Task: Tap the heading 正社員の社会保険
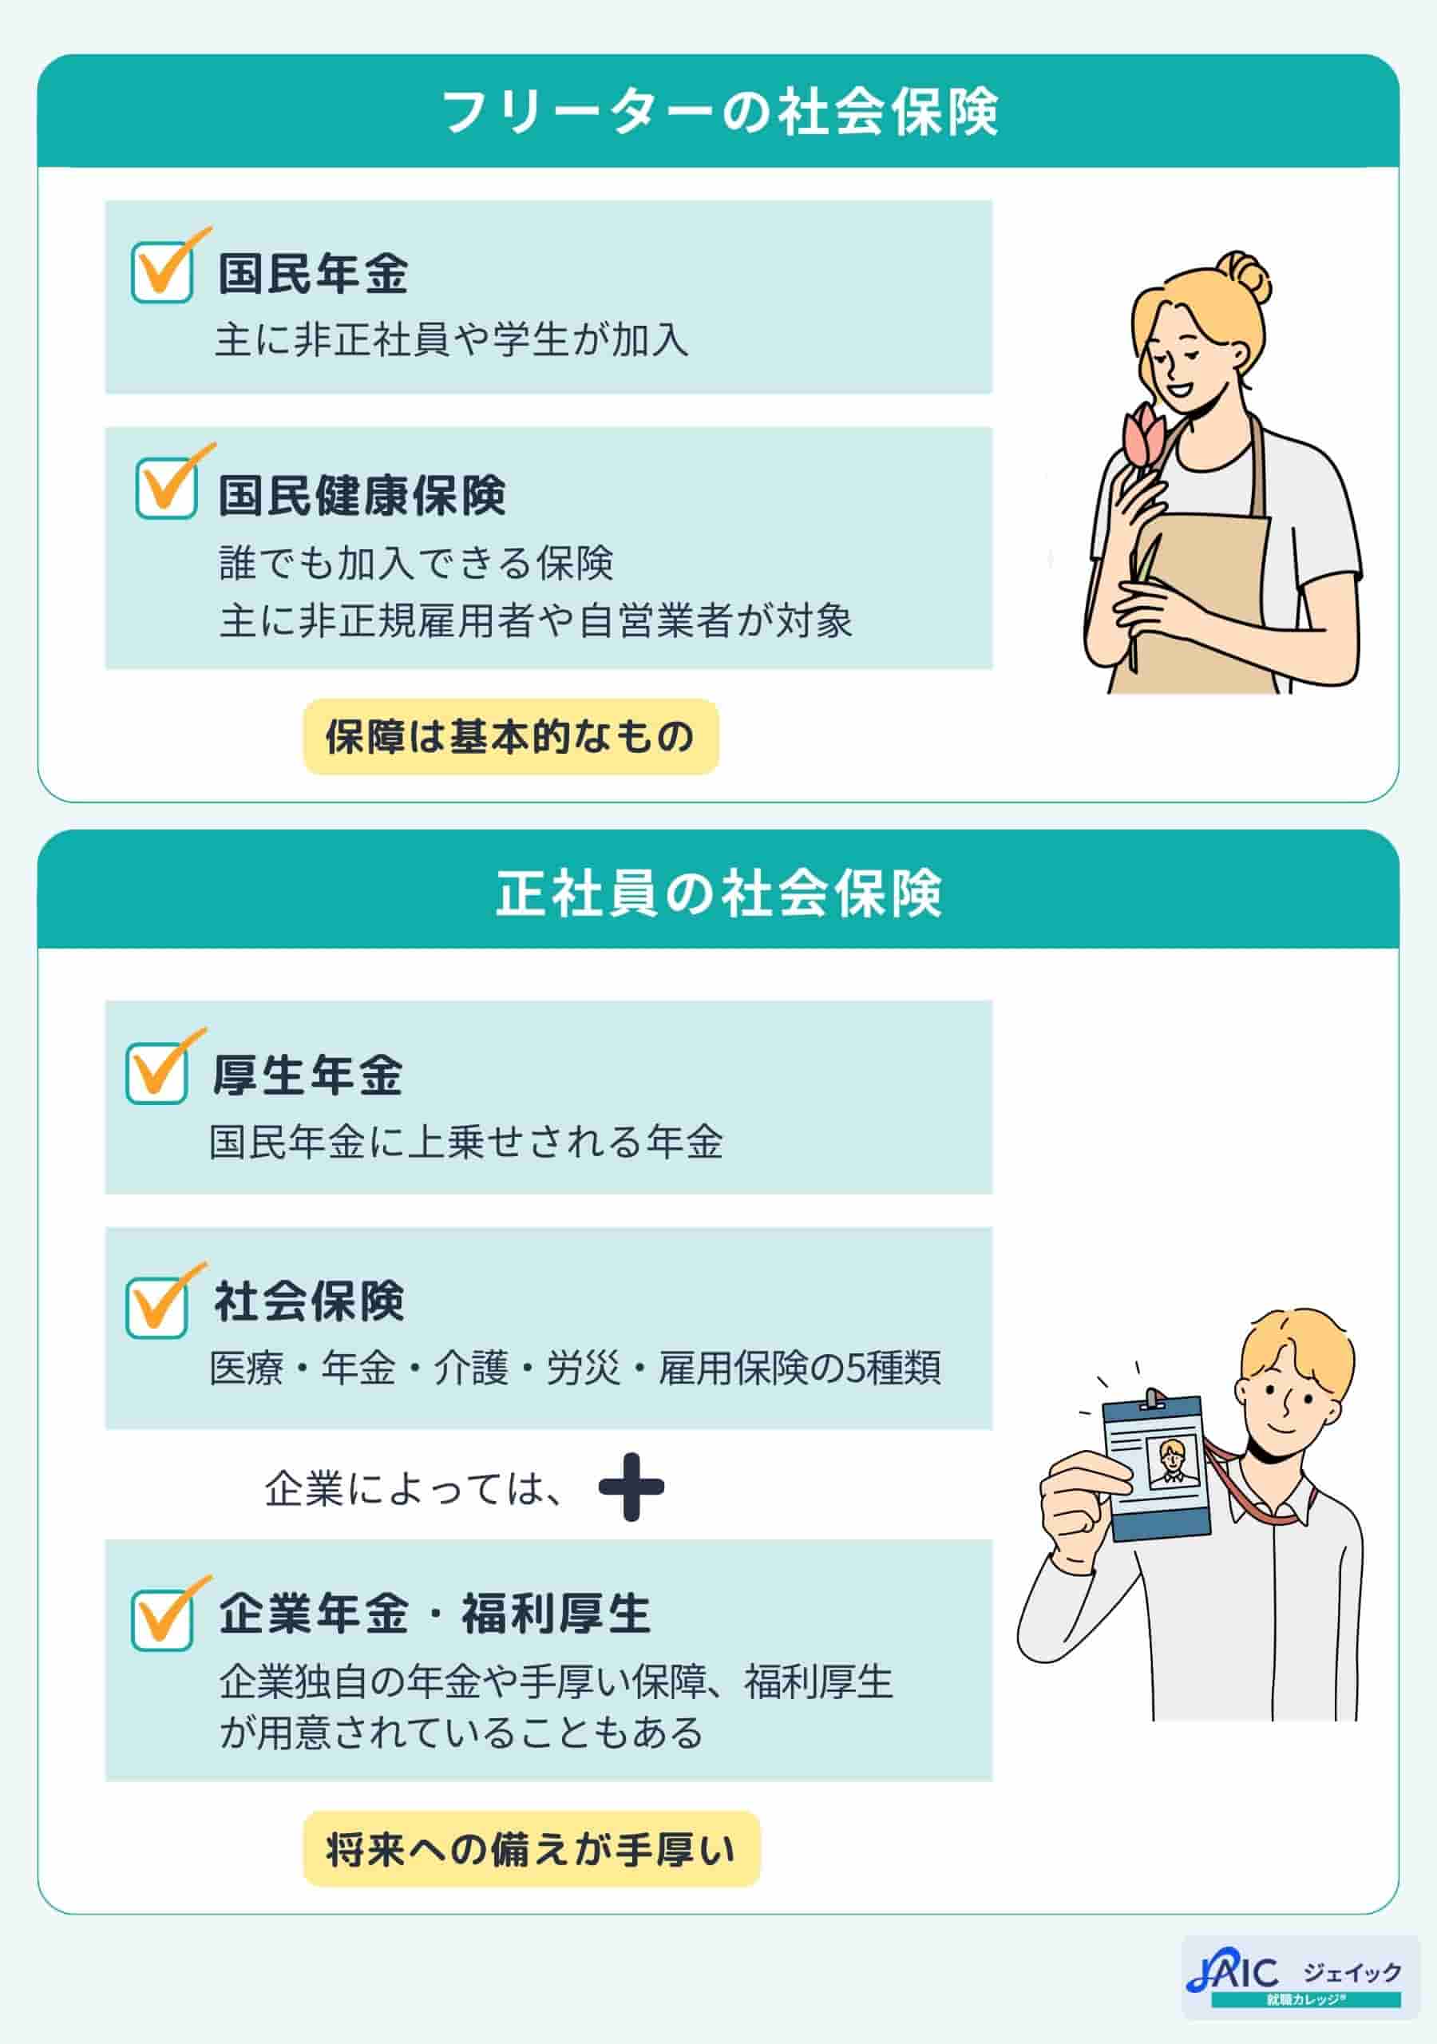coord(718,893)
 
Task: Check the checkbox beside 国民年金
coord(162,272)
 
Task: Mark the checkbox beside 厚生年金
coord(156,1074)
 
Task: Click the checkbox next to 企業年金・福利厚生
coord(162,1620)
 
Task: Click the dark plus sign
coord(631,1487)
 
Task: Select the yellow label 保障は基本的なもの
coord(510,737)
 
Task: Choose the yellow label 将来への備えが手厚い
coord(531,1850)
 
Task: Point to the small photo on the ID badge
coord(1173,1464)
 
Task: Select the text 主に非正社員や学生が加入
coord(451,340)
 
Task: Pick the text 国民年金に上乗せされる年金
coord(465,1143)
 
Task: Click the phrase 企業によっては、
coord(414,1488)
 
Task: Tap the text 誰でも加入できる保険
coord(416,563)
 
